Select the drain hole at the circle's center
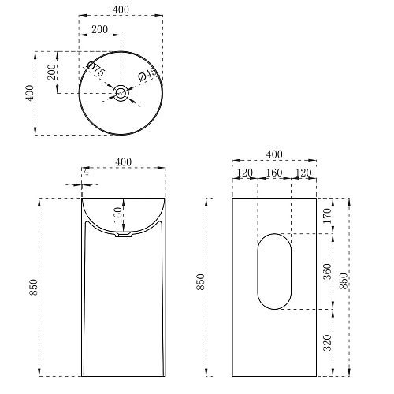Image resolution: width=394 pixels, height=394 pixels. tap(121, 93)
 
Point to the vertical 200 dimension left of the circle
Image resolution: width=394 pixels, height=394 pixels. tap(51, 73)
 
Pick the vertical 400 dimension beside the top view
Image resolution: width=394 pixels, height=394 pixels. tap(30, 93)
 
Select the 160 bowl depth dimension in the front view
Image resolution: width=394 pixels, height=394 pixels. tap(117, 214)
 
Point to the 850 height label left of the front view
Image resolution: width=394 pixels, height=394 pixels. tap(33, 288)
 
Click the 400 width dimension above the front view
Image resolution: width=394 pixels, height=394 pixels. tap(123, 162)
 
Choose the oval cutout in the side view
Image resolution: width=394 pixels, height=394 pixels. tap(274, 270)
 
